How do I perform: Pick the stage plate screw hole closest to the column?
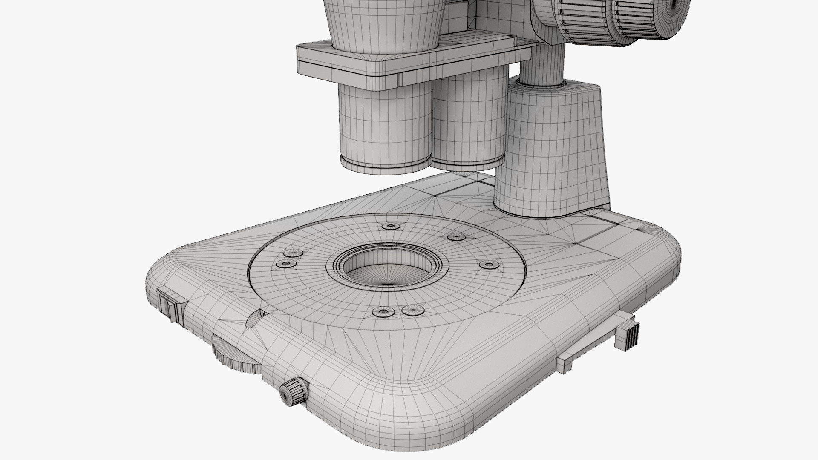point(489,265)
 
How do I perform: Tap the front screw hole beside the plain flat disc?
point(382,312)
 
